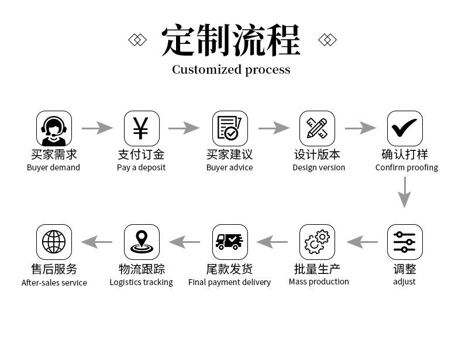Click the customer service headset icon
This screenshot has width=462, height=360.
(x=54, y=129)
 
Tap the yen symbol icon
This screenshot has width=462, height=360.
(x=142, y=129)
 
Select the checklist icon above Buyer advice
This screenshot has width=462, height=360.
(x=229, y=129)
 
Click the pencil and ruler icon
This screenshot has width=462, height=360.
(x=317, y=129)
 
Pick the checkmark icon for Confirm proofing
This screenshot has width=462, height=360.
(x=405, y=129)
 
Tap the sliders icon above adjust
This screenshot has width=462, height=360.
(x=405, y=242)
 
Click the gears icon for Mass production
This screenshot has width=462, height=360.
(x=317, y=242)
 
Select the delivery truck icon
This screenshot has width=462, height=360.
(x=229, y=242)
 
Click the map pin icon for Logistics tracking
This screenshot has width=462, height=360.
(x=142, y=242)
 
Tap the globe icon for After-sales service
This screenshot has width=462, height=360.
(x=54, y=242)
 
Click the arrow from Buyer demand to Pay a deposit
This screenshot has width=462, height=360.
(x=97, y=128)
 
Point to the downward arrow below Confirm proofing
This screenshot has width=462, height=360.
(x=404, y=192)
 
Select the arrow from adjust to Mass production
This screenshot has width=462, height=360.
(x=362, y=241)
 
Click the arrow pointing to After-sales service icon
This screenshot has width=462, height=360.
(x=96, y=241)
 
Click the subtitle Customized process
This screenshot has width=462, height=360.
(x=231, y=70)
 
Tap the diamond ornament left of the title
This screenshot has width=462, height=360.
(x=137, y=40)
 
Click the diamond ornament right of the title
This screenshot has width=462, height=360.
(x=327, y=40)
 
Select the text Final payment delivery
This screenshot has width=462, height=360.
(x=229, y=282)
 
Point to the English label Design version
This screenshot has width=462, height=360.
(x=319, y=167)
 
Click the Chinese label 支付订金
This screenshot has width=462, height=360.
(x=141, y=155)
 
